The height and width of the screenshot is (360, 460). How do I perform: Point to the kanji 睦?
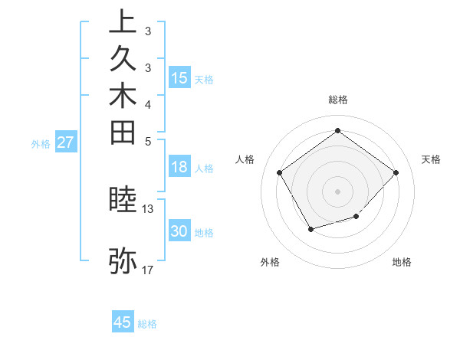pos(123,200)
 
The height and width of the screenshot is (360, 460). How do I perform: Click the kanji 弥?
pos(123,260)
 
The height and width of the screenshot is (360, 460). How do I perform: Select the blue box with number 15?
pos(179,78)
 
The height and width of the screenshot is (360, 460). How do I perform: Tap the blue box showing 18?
pos(179,168)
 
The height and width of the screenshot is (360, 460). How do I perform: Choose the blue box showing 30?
pos(179,232)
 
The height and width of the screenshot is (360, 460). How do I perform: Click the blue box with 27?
pos(66,142)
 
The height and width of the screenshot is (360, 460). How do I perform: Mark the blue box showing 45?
pos(123,322)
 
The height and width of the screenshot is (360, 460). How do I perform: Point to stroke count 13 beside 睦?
pos(148,208)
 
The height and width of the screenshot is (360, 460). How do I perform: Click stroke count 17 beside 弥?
pos(148,270)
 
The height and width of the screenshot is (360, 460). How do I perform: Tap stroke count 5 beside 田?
pos(148,141)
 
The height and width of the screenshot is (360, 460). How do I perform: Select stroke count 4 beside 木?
pos(148,104)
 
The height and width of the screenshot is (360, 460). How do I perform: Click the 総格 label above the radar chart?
pos(337,100)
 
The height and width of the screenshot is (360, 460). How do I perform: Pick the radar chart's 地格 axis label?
pos(402,263)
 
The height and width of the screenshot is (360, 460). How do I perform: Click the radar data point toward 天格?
pos(396,172)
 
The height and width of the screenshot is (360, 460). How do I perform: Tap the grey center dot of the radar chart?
pos(337,191)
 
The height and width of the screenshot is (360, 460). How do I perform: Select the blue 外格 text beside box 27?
pos(41,143)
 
